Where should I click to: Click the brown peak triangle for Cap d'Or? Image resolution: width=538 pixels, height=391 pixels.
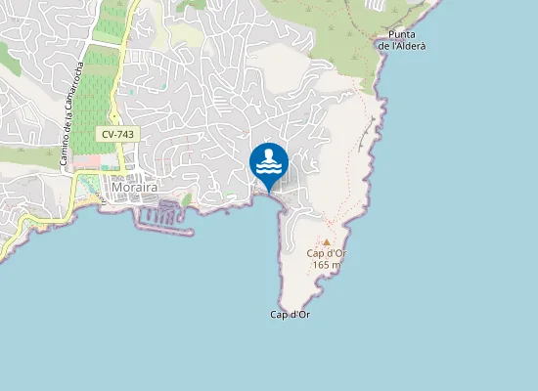coord(327,241)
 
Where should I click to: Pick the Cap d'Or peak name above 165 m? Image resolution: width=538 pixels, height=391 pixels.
coord(328,253)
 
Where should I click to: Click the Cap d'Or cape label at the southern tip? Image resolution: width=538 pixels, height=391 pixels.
coord(291,315)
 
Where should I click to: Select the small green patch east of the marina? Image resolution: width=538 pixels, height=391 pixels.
coord(187,199)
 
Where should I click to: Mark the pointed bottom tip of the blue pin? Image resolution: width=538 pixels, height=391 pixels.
coord(269,191)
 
